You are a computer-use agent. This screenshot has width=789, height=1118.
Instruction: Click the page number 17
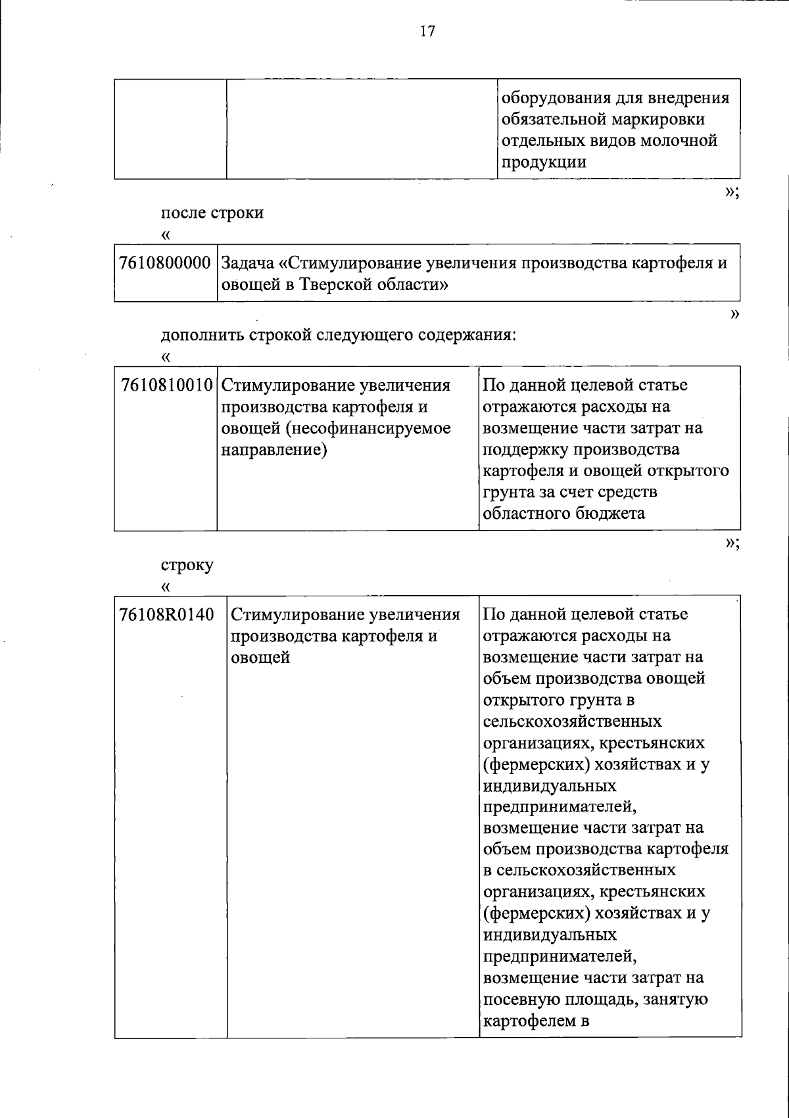[427, 32]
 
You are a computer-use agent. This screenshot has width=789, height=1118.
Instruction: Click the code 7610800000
[165, 264]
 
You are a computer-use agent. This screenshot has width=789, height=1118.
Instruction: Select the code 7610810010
[168, 385]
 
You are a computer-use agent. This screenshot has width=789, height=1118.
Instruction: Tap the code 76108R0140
[167, 615]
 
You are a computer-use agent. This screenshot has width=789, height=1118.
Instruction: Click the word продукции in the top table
[544, 162]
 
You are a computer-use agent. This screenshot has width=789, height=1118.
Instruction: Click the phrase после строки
[212, 213]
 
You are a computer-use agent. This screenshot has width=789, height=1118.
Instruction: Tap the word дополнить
[203, 335]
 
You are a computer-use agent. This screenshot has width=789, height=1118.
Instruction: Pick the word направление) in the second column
[273, 450]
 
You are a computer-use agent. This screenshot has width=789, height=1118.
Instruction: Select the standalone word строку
[187, 564]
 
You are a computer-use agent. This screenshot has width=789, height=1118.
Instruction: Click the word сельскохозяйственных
[572, 721]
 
